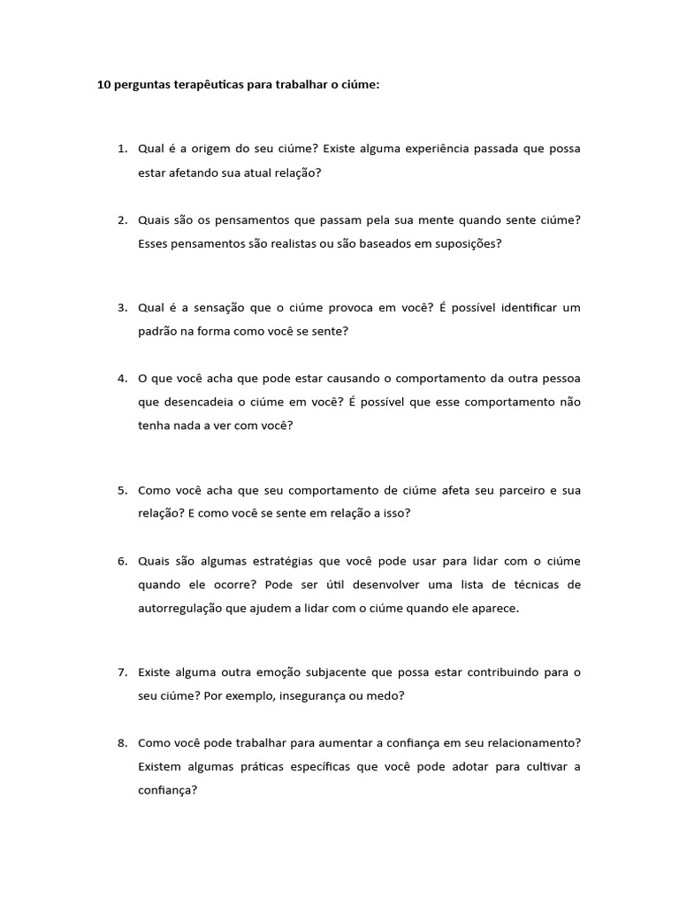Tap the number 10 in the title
103,87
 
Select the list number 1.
122,149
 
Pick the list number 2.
122,219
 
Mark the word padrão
157,331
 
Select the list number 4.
122,379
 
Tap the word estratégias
271,561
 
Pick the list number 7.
122,672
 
